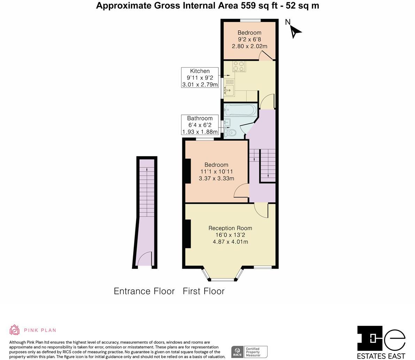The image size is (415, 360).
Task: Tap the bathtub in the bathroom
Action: (241, 111)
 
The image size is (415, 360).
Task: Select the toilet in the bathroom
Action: (231, 133)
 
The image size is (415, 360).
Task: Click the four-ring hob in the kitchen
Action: (239, 66)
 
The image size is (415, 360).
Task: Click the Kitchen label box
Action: (200, 77)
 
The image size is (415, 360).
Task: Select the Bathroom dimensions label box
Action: (200, 125)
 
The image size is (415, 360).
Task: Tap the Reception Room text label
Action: (230, 228)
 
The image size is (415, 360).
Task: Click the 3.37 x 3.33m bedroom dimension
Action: (216, 178)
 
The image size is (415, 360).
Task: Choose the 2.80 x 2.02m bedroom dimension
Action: (249, 46)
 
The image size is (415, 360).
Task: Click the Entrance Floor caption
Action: (144, 291)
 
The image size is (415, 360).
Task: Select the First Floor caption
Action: (203, 291)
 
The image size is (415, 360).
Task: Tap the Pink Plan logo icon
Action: (15, 330)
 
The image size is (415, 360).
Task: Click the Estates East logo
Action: (381, 342)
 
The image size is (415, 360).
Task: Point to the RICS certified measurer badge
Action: (249, 352)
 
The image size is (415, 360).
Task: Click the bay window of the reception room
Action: (223, 276)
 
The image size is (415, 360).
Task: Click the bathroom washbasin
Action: (227, 122)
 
